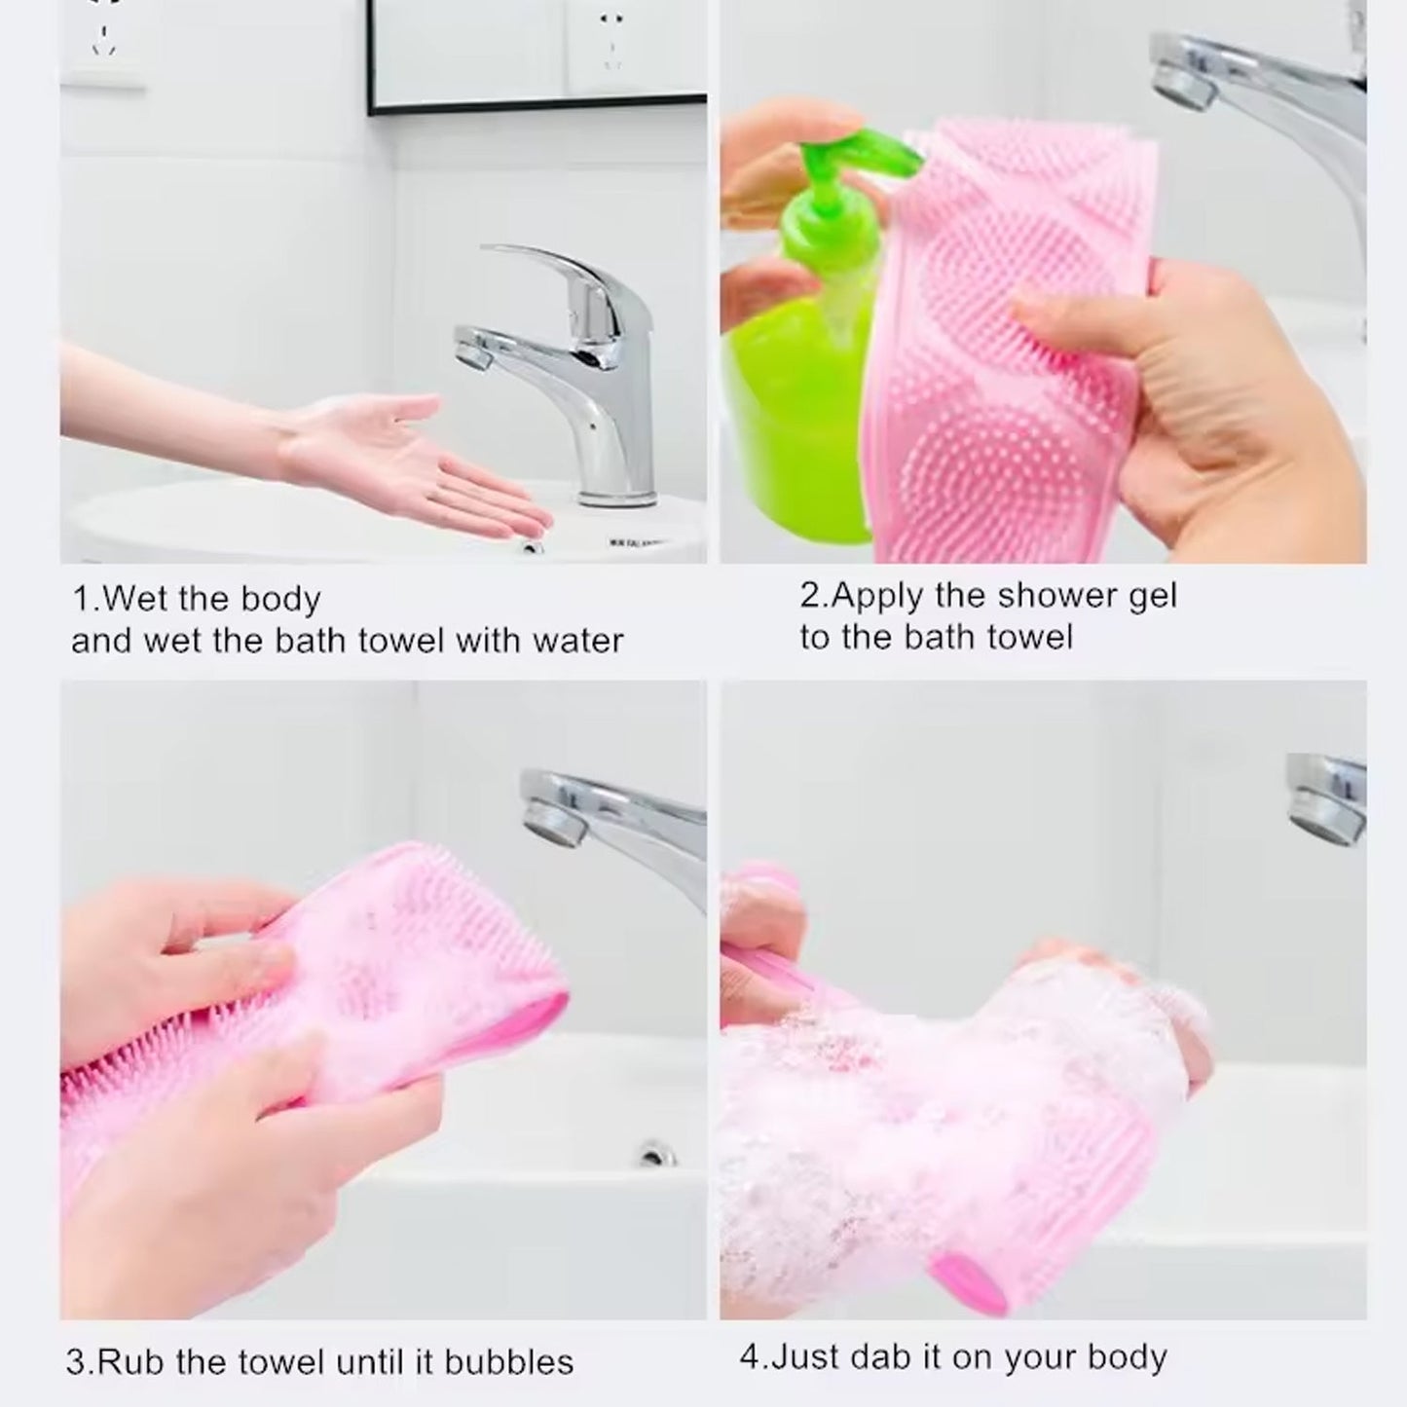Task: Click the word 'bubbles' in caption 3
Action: coord(509,1361)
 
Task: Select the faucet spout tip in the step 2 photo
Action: coord(1182,78)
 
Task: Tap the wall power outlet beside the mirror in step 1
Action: coord(611,39)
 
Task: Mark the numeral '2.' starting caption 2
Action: coord(814,595)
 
